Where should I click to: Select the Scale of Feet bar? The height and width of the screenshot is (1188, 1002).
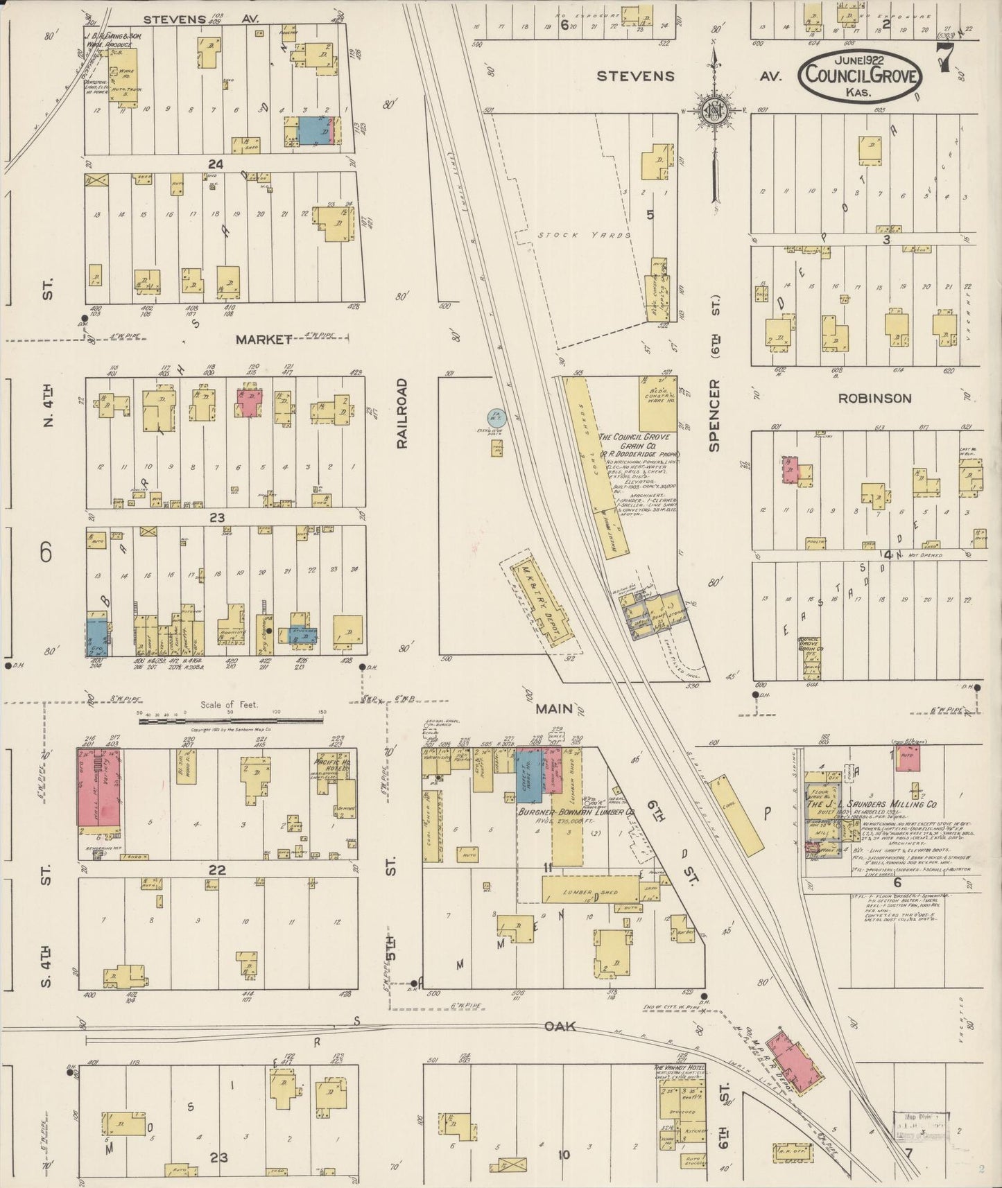[x=229, y=721]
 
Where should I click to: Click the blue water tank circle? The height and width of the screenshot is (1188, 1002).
[x=496, y=417]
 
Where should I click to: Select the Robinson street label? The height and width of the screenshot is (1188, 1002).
[x=874, y=399]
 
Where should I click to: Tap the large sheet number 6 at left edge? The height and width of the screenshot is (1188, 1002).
[x=46, y=552]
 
